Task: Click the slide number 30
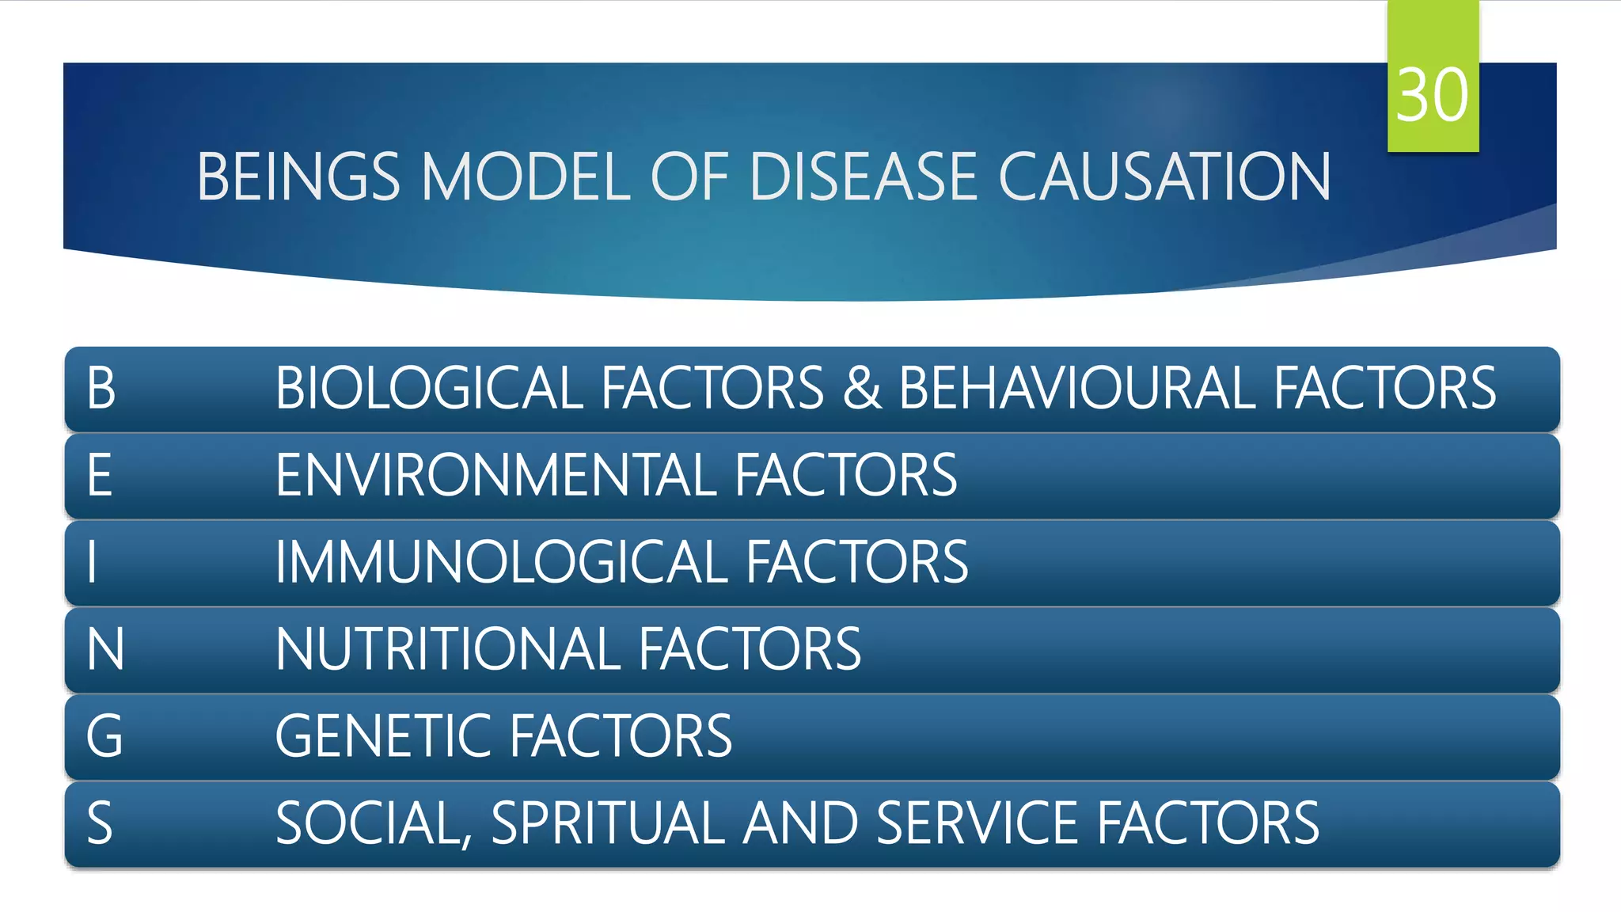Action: tap(1432, 95)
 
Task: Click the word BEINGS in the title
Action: tap(298, 177)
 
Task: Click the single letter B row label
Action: tap(101, 388)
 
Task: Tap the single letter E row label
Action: tap(100, 475)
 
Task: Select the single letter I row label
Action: tap(93, 562)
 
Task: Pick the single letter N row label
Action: tap(105, 649)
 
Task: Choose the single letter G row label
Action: tap(104, 736)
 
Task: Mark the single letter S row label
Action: tap(100, 823)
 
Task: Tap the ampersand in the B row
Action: tap(862, 388)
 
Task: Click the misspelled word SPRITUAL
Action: tap(608, 823)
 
